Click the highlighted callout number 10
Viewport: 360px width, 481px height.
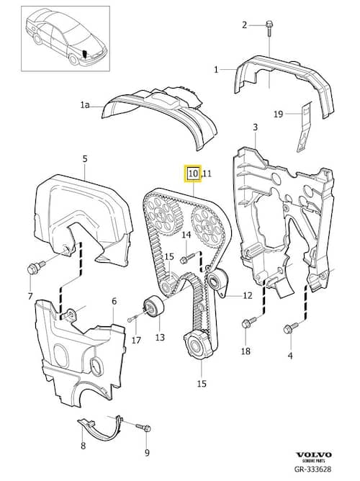coord(194,174)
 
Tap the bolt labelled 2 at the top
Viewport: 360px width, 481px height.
coord(269,28)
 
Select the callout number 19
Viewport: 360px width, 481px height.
coord(278,114)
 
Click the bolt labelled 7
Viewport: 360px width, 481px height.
coord(35,267)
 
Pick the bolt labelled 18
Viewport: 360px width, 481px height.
coord(249,322)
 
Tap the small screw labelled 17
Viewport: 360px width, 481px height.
coord(132,319)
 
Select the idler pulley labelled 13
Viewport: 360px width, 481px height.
coord(153,307)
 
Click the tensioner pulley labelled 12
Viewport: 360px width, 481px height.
coord(217,282)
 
